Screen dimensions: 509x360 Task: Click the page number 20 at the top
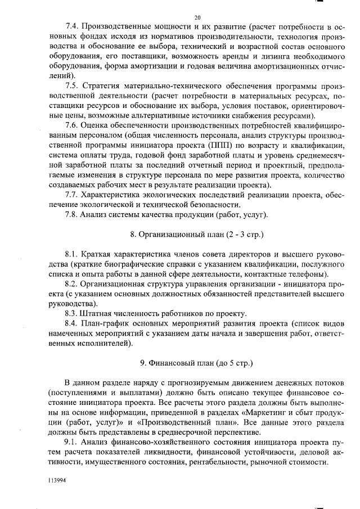pyautogui.click(x=197, y=17)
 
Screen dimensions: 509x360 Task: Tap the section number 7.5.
pyautogui.click(x=73, y=85)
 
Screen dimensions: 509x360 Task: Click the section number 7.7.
pyautogui.click(x=73, y=194)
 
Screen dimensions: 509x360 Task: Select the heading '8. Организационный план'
pyautogui.click(x=197, y=233)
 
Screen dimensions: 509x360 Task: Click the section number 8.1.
pyautogui.click(x=73, y=254)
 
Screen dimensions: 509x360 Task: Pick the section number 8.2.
pyautogui.click(x=73, y=283)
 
